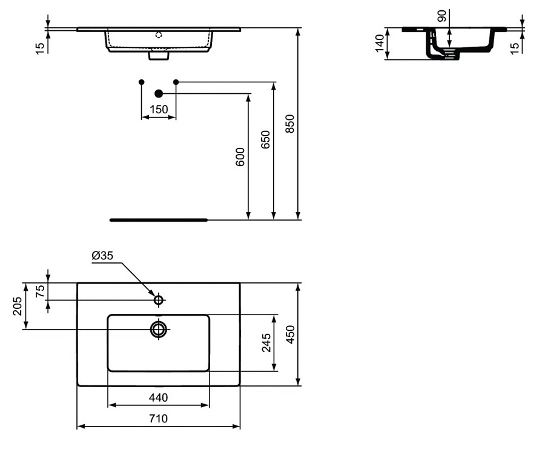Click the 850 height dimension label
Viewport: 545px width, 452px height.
tap(289, 124)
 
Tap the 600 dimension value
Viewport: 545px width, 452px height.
tap(240, 157)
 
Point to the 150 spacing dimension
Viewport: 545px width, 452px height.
tap(159, 109)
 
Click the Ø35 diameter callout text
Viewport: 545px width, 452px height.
tap(102, 256)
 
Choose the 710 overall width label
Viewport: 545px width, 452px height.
tap(159, 418)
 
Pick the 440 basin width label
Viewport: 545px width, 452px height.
tap(158, 397)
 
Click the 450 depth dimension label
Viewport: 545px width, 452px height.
tap(289, 334)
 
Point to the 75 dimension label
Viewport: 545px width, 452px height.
tap(40, 291)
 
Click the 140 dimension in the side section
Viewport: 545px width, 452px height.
tap(380, 43)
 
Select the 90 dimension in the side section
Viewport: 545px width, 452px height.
tap(441, 16)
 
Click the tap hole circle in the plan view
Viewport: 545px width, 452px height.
tap(159, 300)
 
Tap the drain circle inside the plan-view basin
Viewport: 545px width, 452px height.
tap(159, 329)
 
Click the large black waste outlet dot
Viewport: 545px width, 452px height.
tap(159, 93)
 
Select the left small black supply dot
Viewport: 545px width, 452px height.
tap(141, 81)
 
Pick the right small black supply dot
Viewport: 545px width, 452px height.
tap(176, 81)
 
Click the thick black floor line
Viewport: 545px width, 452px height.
tap(159, 220)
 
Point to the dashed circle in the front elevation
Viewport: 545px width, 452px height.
tap(159, 35)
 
